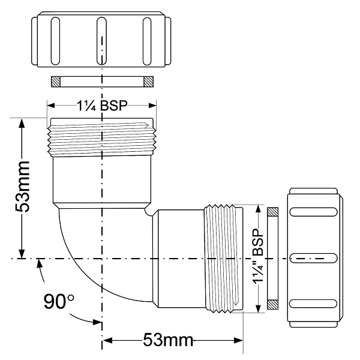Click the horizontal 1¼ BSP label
point(102,106)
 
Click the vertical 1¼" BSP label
point(258,256)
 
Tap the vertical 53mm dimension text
point(23,187)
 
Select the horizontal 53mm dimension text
point(168,340)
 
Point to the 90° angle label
point(59,301)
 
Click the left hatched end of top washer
point(56,82)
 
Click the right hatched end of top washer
point(149,82)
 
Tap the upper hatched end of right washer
point(273,212)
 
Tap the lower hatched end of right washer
point(273,304)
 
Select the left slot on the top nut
point(55,41)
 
